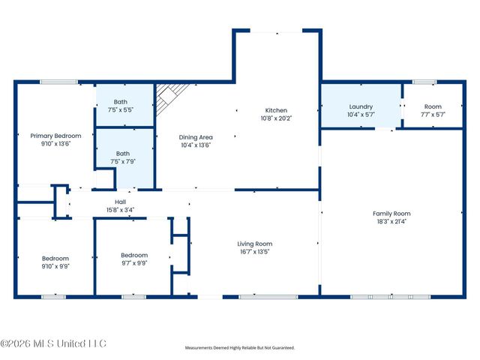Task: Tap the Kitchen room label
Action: click(276, 110)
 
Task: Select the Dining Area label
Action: click(196, 137)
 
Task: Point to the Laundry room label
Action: click(360, 106)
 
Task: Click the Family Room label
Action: click(391, 214)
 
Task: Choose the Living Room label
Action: click(254, 244)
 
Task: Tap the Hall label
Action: click(120, 202)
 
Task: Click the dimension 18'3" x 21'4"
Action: click(391, 221)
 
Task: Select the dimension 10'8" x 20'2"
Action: click(276, 118)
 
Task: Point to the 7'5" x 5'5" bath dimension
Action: click(120, 109)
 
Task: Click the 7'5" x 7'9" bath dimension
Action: click(120, 161)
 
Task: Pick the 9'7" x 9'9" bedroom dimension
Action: click(134, 263)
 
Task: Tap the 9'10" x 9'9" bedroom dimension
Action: click(55, 266)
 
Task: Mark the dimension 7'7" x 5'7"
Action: click(433, 115)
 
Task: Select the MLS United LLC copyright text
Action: click(53, 343)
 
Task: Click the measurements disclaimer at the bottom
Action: click(240, 348)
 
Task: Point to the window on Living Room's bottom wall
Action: click(257, 297)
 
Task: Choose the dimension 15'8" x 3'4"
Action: click(120, 209)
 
